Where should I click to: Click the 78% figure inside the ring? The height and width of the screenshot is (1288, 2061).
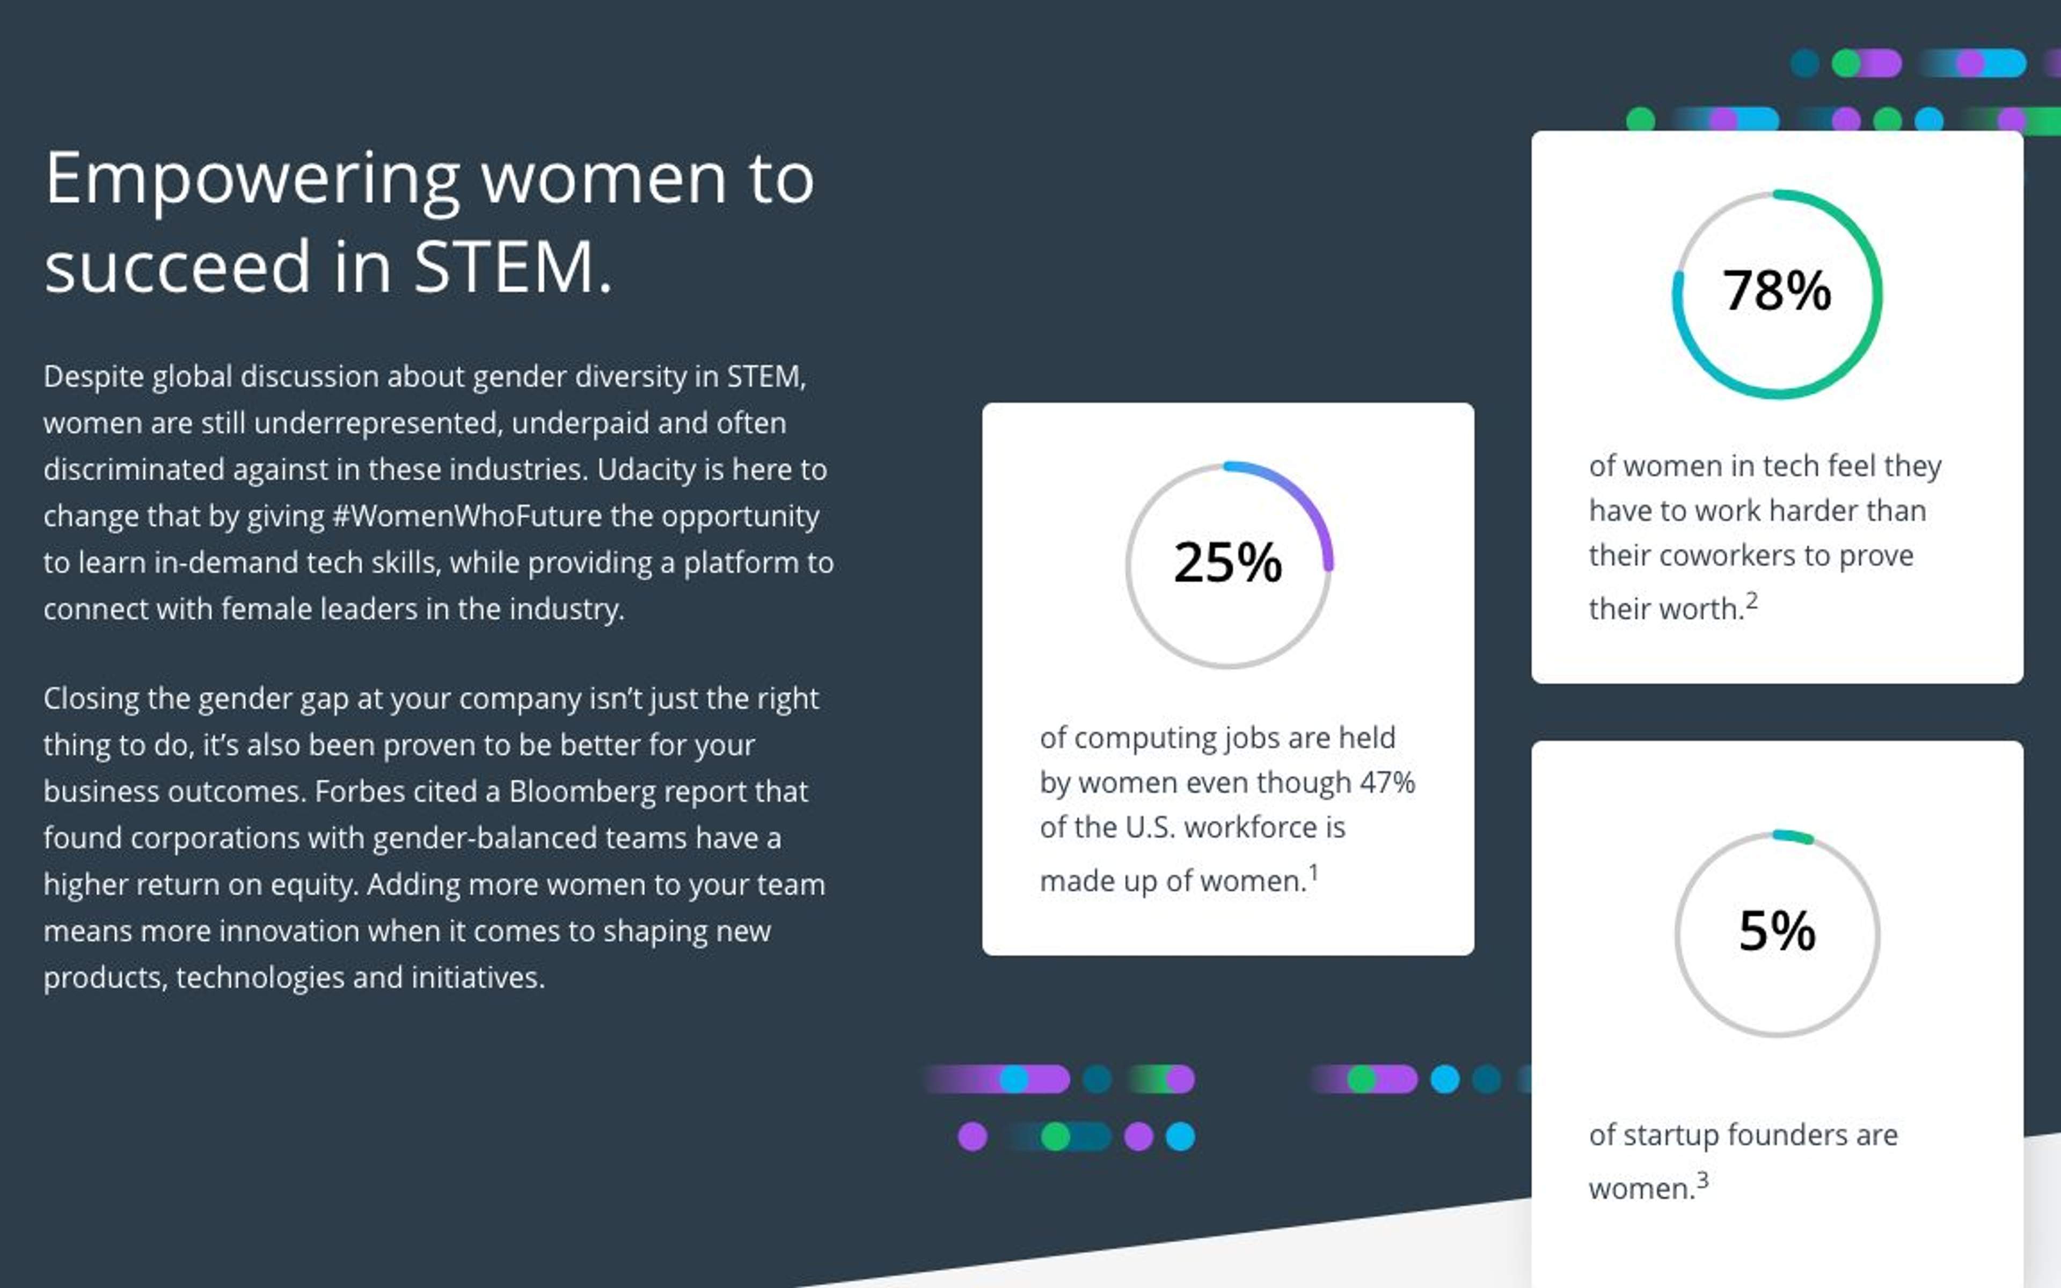click(1777, 290)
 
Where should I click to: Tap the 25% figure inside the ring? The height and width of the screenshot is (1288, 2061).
click(1227, 562)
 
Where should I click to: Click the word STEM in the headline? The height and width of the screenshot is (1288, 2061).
click(503, 267)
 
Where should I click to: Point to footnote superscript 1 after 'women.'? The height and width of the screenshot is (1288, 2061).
click(1313, 872)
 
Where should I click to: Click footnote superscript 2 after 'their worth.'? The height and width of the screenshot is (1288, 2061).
click(1752, 602)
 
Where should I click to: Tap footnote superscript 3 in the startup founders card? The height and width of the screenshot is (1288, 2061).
click(1702, 1180)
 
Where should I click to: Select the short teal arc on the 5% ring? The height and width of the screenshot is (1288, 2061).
click(1794, 836)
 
